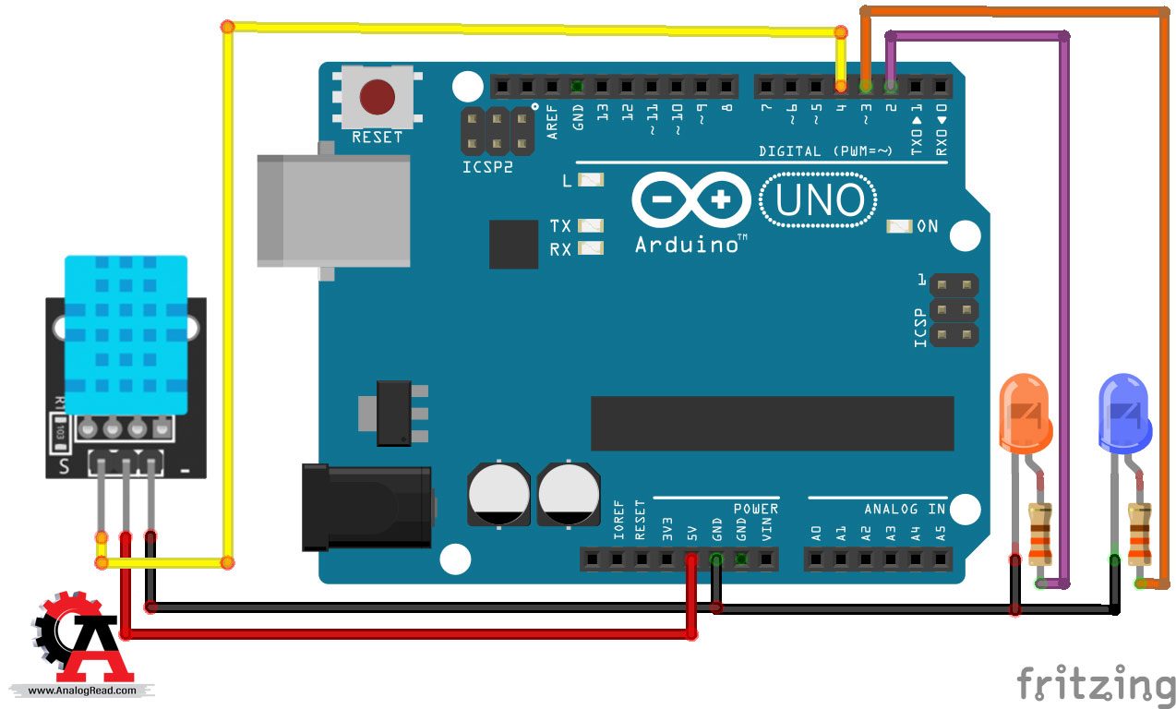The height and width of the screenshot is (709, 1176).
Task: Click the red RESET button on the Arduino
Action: pos(377,97)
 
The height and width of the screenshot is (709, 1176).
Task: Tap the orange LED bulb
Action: pos(1026,414)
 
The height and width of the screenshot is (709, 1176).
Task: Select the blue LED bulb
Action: pos(1124,414)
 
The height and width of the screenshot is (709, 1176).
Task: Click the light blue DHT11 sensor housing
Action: pos(126,335)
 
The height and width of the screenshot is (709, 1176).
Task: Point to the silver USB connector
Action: pos(333,211)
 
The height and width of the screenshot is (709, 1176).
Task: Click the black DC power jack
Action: pos(367,508)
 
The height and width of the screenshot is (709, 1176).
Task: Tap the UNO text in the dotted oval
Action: pos(819,200)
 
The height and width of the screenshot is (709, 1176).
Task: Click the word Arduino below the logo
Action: pos(687,246)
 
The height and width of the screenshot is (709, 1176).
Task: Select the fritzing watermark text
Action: pos(1096,683)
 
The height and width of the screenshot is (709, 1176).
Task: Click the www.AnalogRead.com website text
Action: pos(82,691)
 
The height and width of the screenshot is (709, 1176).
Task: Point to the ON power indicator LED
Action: pos(899,226)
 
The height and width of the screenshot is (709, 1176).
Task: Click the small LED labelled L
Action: pos(591,180)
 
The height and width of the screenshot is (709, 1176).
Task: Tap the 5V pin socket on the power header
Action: pos(691,559)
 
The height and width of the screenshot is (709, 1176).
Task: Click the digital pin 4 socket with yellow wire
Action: pos(841,86)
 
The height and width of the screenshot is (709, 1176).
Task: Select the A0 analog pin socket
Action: pos(815,559)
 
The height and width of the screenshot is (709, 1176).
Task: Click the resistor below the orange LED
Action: pos(1040,533)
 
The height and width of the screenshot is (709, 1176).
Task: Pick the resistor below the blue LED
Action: pos(1140,533)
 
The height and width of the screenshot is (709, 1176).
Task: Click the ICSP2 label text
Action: pos(487,167)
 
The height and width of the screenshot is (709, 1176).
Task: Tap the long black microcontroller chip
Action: pos(773,424)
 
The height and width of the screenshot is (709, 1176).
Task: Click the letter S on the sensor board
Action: pos(64,466)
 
